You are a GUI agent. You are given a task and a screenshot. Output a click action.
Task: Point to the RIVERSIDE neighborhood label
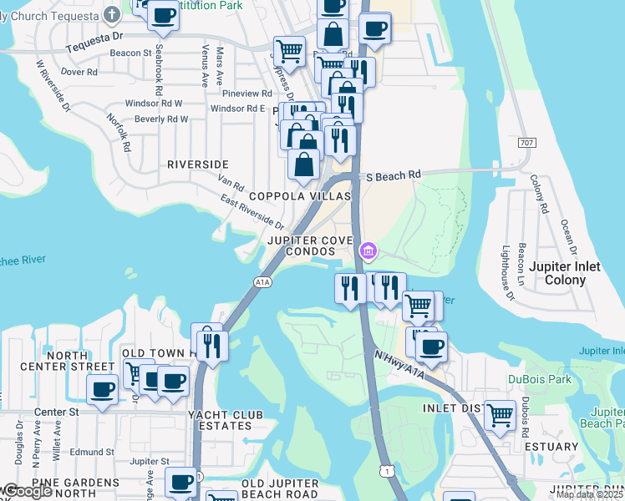coord(198,164)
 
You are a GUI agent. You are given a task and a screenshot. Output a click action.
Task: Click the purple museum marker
coord(368,250)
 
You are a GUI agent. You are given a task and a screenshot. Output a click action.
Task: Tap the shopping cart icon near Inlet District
coord(500,415)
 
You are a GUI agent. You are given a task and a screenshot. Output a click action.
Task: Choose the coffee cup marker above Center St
coord(103,390)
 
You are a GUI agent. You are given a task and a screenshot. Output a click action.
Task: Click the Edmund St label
coord(85,451)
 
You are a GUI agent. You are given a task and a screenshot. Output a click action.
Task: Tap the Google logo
coord(27,491)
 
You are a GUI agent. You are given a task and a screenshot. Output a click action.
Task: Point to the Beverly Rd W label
coord(161,119)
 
